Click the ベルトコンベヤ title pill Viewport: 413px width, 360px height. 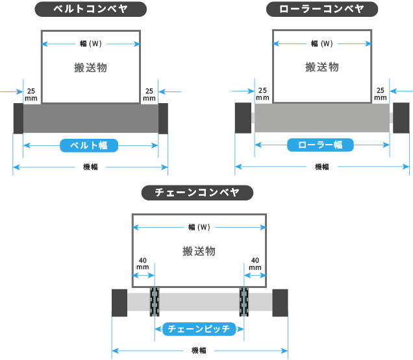pyautogui.click(x=90, y=9)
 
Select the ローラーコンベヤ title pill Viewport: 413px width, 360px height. pyautogui.click(x=322, y=9)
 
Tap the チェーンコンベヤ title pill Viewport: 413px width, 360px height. pyautogui.click(x=197, y=193)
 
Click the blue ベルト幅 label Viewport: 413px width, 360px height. pyautogui.click(x=90, y=145)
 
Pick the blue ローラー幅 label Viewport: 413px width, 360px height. pyautogui.click(x=320, y=145)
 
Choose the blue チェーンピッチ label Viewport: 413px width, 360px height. pyautogui.click(x=199, y=329)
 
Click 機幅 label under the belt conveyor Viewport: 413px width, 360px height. pyautogui.click(x=90, y=167)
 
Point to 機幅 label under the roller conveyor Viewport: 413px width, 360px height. pyautogui.click(x=321, y=167)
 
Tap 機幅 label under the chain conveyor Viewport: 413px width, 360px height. pyautogui.click(x=199, y=351)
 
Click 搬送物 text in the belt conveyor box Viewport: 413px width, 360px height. pyautogui.click(x=90, y=67)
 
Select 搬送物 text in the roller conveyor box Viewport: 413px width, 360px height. pyautogui.click(x=322, y=67)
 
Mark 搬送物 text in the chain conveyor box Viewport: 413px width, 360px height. pyautogui.click(x=199, y=251)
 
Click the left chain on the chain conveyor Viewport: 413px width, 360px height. pyautogui.click(x=155, y=302)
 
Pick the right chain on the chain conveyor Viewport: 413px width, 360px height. pyautogui.click(x=244, y=302)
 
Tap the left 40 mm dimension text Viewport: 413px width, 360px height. pyautogui.click(x=143, y=263)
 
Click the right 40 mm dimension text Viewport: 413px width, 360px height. pyautogui.click(x=255, y=263)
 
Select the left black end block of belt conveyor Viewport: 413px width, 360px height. pyautogui.click(x=18, y=118)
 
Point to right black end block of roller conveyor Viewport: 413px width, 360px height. pyautogui.click(x=401, y=118)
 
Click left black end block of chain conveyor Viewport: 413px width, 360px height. pyautogui.click(x=119, y=303)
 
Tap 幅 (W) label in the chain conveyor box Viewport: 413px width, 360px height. pyautogui.click(x=199, y=228)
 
